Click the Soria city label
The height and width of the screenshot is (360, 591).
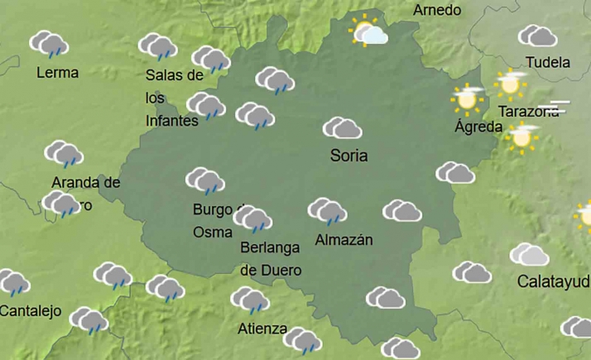(x=348, y=155)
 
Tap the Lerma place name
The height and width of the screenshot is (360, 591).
(x=58, y=73)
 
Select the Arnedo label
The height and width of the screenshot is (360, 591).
(x=436, y=11)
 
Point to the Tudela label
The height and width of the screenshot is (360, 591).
(x=547, y=62)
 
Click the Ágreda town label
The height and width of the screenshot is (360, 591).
(x=478, y=127)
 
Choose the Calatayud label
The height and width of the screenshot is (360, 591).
(x=552, y=281)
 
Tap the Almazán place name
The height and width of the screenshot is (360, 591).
(x=344, y=240)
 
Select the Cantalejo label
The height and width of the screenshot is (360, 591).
(x=31, y=311)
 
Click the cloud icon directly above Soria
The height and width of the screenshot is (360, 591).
(x=342, y=128)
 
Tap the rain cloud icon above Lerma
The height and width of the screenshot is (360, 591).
(x=50, y=44)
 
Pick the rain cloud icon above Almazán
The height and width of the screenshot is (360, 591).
(x=327, y=211)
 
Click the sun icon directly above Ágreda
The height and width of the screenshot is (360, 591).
(x=468, y=98)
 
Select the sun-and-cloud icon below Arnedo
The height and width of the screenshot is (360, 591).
(x=368, y=33)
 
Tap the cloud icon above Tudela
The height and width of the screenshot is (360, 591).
(x=538, y=36)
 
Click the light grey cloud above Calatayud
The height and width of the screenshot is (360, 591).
(x=529, y=254)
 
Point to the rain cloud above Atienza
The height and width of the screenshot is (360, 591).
(x=249, y=300)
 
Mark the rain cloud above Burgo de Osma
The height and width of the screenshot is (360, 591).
(x=204, y=180)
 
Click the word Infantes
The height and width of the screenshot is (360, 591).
(x=171, y=121)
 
